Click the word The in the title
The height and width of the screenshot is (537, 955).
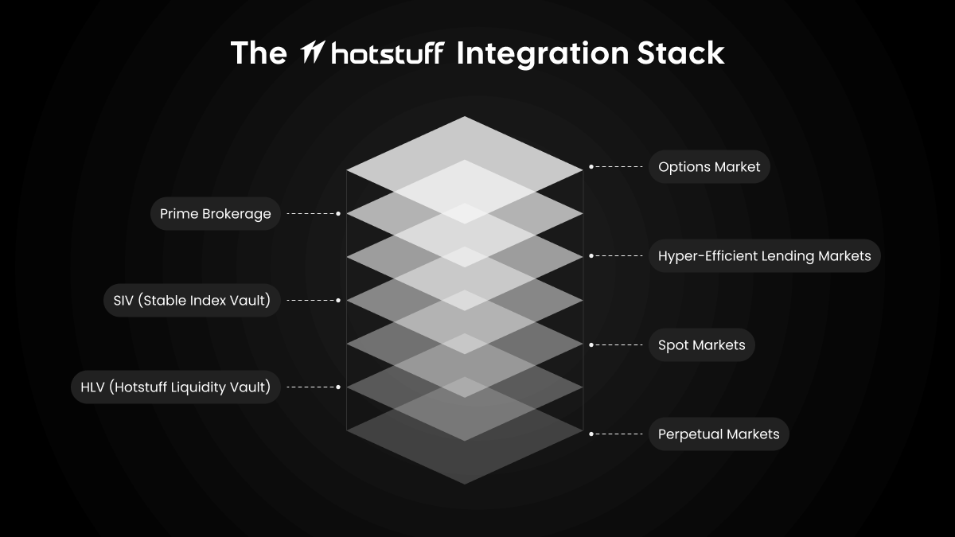pos(258,53)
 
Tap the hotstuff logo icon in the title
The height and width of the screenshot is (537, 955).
pos(311,54)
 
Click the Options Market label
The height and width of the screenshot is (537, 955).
pos(708,167)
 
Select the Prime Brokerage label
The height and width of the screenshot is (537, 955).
pos(215,214)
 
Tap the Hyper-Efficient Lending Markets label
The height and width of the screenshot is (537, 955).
pos(764,256)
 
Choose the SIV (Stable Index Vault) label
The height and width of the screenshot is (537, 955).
pos(191,301)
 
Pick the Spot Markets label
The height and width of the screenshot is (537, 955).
pos(701,345)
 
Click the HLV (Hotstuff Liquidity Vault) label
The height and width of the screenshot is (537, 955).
pos(175,387)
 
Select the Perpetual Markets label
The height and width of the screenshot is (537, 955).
pos(718,434)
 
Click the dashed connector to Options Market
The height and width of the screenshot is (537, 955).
pos(618,167)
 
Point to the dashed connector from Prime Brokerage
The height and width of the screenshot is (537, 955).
pos(312,214)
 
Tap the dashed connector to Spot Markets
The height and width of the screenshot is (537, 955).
pos(618,345)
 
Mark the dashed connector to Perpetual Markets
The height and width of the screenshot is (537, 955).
pos(618,434)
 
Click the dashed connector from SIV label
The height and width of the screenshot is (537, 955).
pos(312,301)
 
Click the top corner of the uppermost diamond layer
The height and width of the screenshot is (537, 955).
pos(465,118)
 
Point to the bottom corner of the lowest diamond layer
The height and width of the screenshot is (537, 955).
pos(465,483)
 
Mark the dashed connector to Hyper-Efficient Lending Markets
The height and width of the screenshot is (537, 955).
pos(618,256)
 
